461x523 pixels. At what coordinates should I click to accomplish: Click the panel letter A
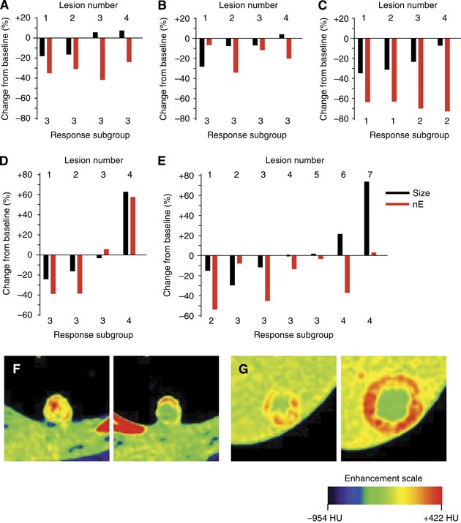[x=6, y=6]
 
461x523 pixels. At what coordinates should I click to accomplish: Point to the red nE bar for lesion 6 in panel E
[x=347, y=274]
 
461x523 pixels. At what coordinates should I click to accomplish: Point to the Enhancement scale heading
[x=386, y=478]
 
